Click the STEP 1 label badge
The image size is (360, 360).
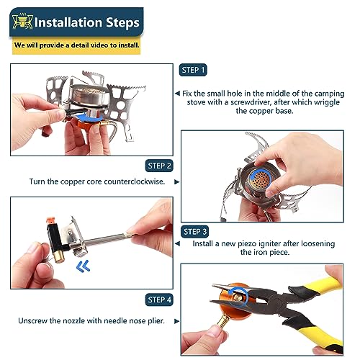click(x=192, y=70)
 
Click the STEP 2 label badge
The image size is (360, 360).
click(x=159, y=165)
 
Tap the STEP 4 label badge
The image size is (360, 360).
click(x=159, y=299)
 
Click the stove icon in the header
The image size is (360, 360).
click(x=23, y=22)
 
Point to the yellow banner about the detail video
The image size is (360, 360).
click(x=76, y=45)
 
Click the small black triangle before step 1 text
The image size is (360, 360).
click(x=176, y=94)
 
